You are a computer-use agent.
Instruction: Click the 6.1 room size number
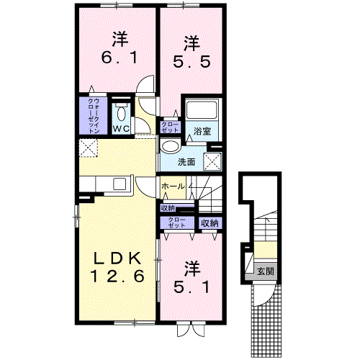coord(117,58)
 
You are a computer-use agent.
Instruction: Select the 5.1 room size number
coord(192,286)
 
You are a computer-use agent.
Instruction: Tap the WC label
coord(120,130)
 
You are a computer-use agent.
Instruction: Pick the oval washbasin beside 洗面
coord(170,146)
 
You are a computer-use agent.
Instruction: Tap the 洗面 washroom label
coord(186,161)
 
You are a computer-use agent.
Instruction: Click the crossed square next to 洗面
coord(212,161)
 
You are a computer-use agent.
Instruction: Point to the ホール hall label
coord(173,186)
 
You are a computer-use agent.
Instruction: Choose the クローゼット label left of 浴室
coord(171,127)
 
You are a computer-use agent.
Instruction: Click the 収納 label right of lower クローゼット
coord(209,223)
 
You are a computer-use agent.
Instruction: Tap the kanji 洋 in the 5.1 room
coord(192,267)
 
